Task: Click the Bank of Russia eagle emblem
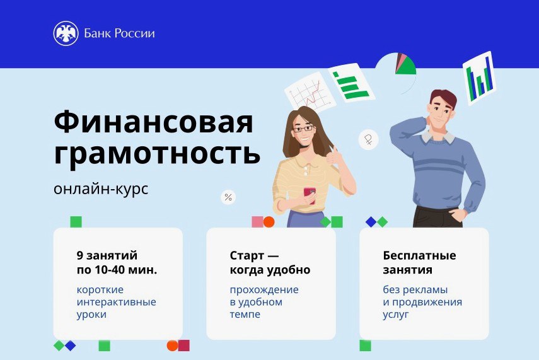point(66,33)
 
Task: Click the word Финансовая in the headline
point(154,122)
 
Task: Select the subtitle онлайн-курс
point(101,189)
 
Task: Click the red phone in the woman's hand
point(310,195)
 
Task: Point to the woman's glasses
point(303,129)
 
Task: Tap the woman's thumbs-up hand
point(333,156)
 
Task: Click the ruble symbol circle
point(368,139)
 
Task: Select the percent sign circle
point(228,197)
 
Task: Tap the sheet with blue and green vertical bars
point(479,78)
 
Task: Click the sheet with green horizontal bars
point(351,83)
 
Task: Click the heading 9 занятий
point(107,255)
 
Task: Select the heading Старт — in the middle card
point(254,255)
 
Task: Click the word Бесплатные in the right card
point(419,255)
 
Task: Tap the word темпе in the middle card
point(245,314)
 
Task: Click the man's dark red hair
point(443,97)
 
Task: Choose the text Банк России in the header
point(119,33)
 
